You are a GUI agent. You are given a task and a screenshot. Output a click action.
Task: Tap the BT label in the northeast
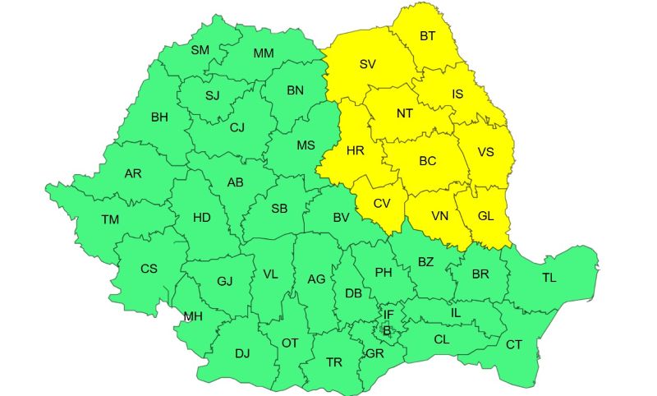coord(428,36)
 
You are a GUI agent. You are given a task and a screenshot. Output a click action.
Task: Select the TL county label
coord(549,278)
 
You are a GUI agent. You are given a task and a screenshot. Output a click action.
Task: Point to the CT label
coord(514,344)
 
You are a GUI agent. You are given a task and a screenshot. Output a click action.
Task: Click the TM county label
coord(109,219)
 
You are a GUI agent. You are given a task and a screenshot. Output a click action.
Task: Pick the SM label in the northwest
coord(200,50)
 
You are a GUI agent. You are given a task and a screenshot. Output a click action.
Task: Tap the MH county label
coord(193,316)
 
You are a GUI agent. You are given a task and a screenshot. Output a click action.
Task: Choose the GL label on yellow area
coord(485,215)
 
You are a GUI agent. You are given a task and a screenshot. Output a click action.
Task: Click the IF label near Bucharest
coord(388,314)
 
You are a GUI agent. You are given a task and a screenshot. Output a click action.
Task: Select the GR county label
coord(374,353)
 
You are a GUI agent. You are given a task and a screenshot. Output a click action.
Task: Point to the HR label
coord(356,150)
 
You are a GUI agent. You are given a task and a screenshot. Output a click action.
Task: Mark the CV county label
coord(383,204)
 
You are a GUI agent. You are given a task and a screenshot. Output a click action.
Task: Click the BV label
coord(342,218)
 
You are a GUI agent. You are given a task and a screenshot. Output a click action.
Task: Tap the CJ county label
coord(237,127)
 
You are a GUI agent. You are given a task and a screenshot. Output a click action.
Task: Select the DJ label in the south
coord(242,354)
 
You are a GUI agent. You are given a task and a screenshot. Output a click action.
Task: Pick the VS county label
coord(486,152)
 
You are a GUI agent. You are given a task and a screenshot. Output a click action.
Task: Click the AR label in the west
coord(133,174)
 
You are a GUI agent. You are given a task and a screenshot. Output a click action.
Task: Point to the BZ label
coord(425,262)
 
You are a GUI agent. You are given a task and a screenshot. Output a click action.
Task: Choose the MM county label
coord(264,53)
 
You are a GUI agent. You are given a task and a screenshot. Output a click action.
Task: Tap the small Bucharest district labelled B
coord(386,331)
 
